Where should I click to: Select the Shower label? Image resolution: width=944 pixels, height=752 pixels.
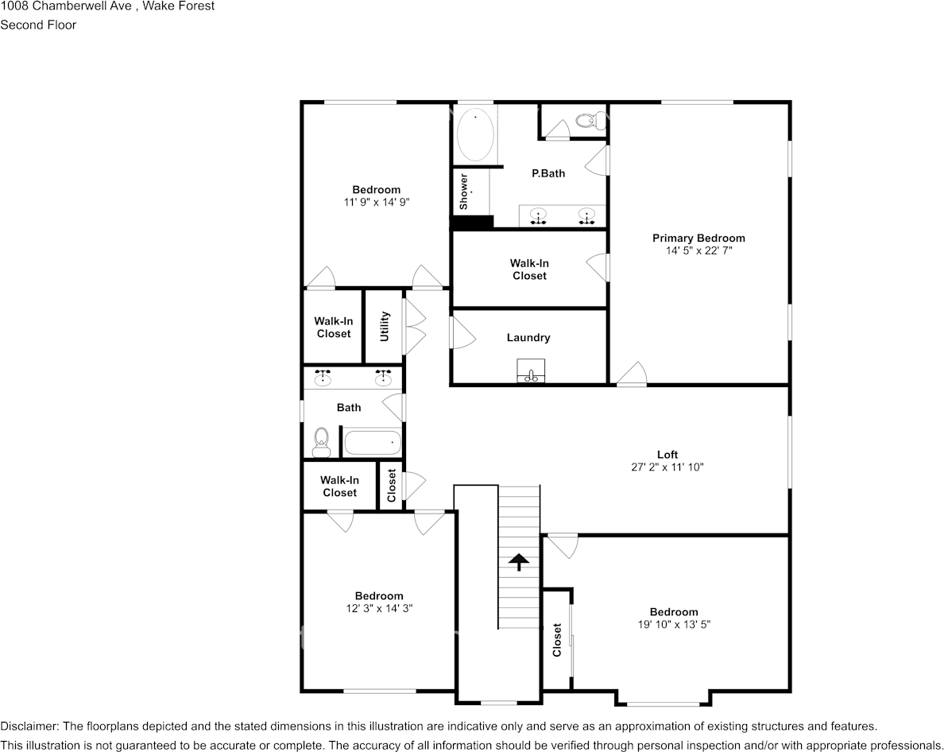coord(463,192)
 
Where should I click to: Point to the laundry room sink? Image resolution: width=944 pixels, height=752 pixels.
coord(532,371)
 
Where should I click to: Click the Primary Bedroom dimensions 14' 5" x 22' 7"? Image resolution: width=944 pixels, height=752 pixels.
coord(698,250)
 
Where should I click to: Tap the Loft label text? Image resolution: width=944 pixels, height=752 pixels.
coord(667,455)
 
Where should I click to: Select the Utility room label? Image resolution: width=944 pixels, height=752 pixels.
coord(385,327)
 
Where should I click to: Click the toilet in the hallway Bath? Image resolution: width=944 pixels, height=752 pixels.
coord(321,442)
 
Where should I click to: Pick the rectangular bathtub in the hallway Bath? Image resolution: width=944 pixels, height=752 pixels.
coord(372,442)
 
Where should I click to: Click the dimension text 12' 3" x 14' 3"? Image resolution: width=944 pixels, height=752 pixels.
coord(378,608)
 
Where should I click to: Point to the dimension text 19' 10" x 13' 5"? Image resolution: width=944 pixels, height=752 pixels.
coord(674,624)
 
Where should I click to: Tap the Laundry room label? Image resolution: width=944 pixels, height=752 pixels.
coord(528,338)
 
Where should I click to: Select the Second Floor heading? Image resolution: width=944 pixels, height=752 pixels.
coord(38,25)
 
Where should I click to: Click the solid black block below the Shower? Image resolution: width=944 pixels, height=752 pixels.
coord(472,223)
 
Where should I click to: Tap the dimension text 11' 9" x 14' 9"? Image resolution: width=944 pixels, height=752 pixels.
coord(376,202)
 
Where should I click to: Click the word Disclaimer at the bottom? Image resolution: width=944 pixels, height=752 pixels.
coord(29,727)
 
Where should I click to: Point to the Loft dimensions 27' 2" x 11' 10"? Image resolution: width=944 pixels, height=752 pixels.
coord(667,467)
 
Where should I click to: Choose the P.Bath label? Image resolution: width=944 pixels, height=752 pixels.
coord(548,172)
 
